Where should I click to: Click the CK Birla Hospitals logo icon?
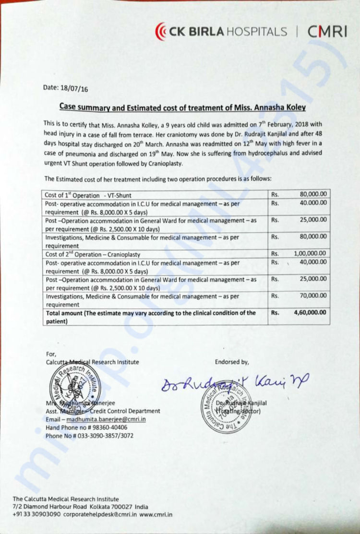(x=161, y=32)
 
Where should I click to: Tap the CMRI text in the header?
(x=327, y=32)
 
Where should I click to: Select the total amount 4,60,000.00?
(x=310, y=312)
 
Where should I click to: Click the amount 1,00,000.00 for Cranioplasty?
(x=310, y=254)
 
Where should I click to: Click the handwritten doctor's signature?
(x=235, y=382)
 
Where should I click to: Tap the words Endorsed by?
(x=232, y=362)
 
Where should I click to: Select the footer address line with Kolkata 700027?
(x=81, y=507)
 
